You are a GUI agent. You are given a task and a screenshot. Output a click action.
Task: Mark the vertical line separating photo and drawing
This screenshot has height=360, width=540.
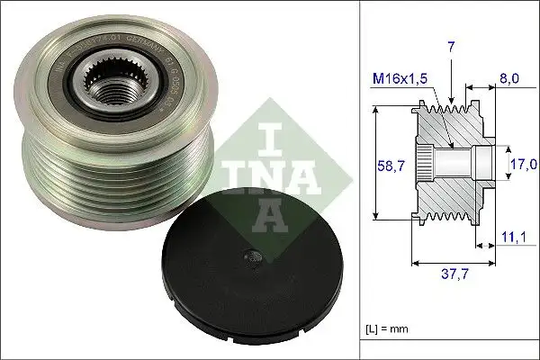pos(359,180)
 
